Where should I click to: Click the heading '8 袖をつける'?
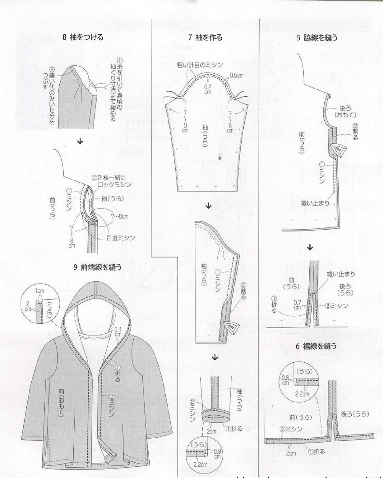pos(83,37)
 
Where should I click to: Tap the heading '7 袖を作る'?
pos(205,37)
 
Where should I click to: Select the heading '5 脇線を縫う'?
pos(317,38)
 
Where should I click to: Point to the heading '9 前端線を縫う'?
pos(98,267)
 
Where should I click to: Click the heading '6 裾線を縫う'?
pos(316,346)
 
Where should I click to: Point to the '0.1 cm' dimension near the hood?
pos(118,332)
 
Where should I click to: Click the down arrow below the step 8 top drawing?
pos(80,141)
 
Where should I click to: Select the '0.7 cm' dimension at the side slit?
pos(297,305)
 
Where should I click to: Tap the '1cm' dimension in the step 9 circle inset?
pos(39,291)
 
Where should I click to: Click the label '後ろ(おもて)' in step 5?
pos(346,111)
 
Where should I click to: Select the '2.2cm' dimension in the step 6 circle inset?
pos(302,394)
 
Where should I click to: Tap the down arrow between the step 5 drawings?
pos(310,247)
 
